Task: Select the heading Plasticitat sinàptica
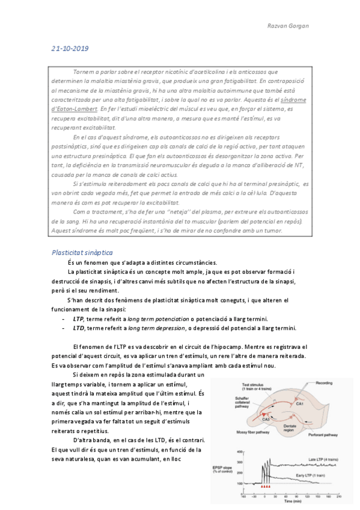point(82,253)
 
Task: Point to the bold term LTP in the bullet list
point(78,318)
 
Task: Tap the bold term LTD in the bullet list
point(78,328)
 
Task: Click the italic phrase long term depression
point(156,328)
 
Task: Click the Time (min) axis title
point(294,500)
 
